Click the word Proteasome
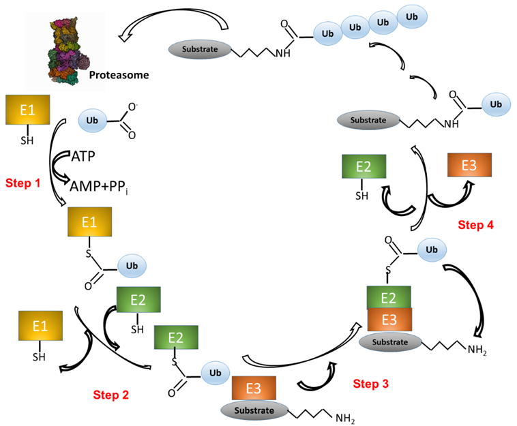(119, 73)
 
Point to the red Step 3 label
(370, 384)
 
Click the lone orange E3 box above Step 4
(469, 166)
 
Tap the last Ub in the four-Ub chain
(413, 16)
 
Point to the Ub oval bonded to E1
(132, 264)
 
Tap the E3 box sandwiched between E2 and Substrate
(389, 320)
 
